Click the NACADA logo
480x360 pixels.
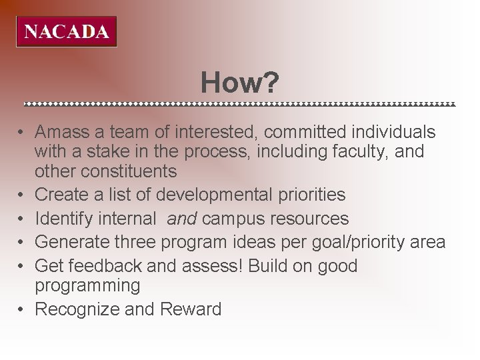[66, 31]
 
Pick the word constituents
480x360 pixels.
[129, 171]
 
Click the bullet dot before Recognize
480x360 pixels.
[21, 309]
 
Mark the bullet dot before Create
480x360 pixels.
[21, 195]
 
